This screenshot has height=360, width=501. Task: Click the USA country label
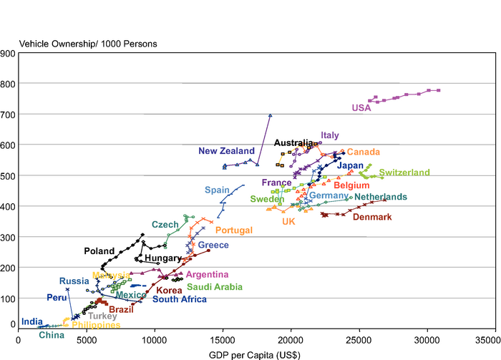coord(361,109)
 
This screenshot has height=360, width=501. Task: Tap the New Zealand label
coord(226,151)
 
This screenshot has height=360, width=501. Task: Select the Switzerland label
coord(404,172)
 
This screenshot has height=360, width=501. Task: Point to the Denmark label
coord(372,217)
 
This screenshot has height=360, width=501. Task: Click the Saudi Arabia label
coord(214,287)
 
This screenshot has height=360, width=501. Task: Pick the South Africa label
coord(180,300)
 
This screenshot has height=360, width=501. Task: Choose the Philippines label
coord(96,325)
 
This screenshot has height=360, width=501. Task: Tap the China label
coord(52,334)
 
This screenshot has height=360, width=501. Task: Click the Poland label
coord(99,251)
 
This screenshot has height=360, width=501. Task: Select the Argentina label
coord(207,275)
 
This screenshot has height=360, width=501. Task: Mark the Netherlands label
coord(381,197)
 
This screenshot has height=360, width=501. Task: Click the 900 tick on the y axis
coord(9,54)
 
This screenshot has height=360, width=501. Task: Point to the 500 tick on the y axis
coord(9,176)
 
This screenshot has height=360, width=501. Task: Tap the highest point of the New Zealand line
coord(270,115)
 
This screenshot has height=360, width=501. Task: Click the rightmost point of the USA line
coord(438,90)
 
